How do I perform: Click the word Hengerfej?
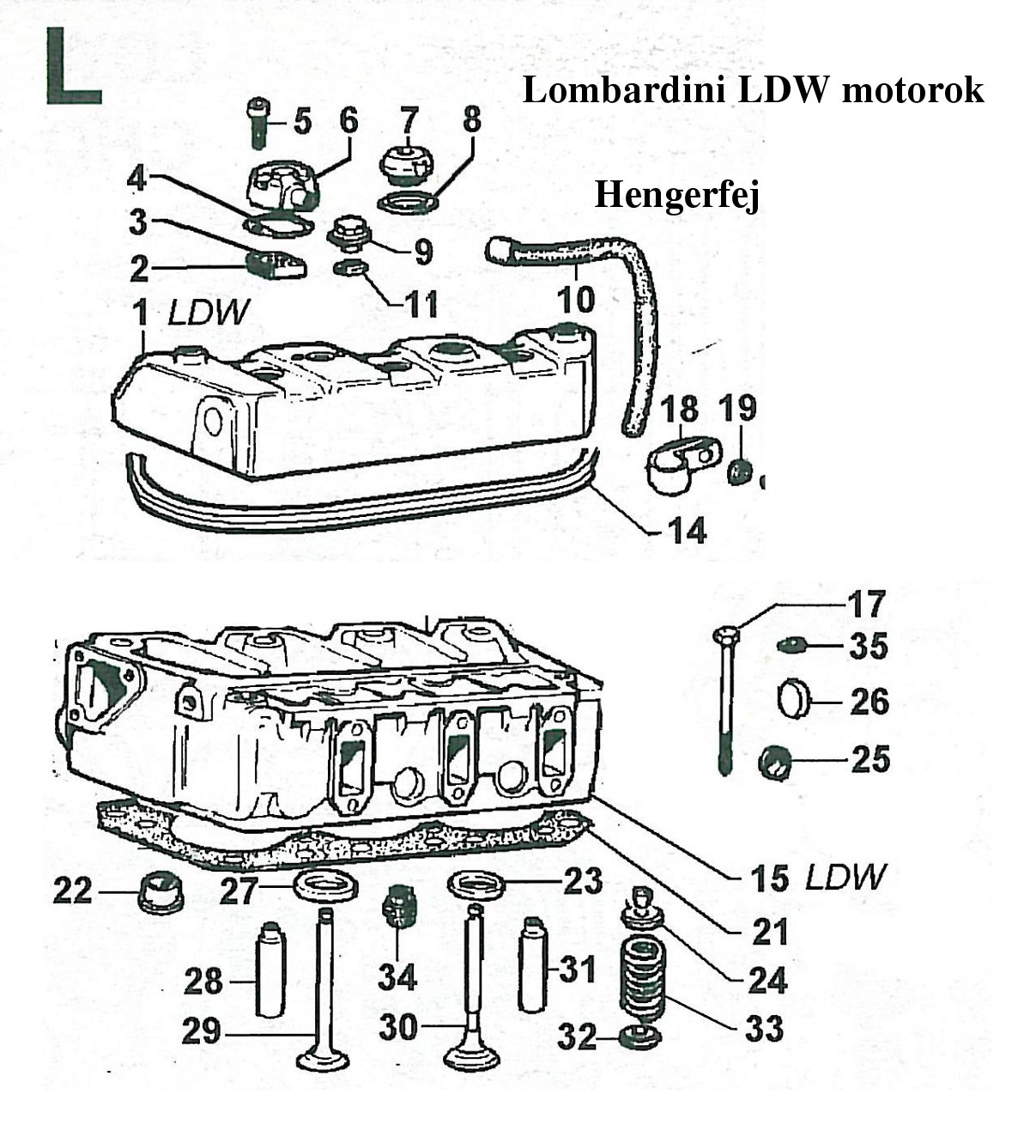click(677, 197)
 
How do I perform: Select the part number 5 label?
click(302, 121)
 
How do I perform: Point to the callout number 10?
click(575, 299)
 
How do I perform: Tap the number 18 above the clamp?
click(680, 410)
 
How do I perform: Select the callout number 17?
click(866, 604)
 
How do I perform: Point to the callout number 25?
click(870, 759)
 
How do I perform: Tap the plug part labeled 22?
click(160, 891)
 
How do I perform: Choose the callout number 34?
click(397, 976)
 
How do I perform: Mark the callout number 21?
click(769, 931)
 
